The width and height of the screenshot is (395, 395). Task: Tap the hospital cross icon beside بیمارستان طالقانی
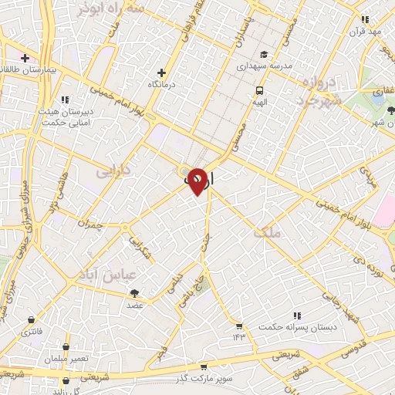click(25, 58)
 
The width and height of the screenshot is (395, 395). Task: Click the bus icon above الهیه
click(260, 89)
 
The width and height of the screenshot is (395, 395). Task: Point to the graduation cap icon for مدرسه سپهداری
click(263, 55)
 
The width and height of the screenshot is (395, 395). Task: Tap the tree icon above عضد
click(136, 292)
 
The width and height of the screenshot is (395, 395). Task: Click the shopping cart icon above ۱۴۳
click(239, 326)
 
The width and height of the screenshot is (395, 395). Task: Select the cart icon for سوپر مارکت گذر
click(203, 367)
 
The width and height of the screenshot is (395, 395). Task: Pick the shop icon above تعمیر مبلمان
click(67, 346)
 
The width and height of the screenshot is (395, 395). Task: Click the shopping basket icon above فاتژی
click(31, 319)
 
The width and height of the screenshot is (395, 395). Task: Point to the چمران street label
click(90, 223)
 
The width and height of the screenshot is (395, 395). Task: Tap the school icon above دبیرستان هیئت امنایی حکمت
click(65, 99)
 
